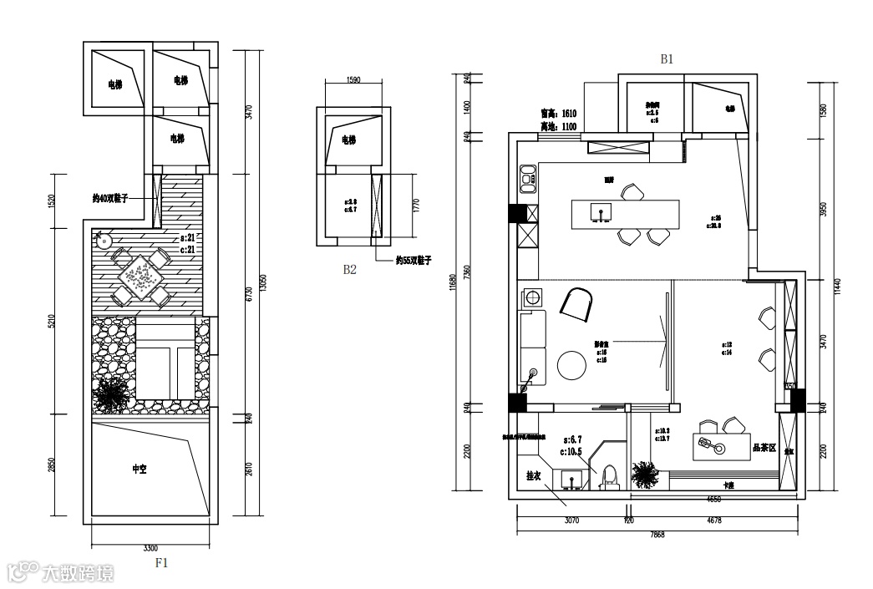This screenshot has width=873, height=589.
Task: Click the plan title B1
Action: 667,59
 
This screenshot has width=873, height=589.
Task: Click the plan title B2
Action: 349,270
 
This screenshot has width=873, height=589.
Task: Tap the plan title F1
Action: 162,563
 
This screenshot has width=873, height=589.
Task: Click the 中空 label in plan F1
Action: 140,470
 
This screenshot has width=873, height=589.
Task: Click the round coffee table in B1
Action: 572,365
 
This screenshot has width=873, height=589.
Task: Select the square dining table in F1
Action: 140,273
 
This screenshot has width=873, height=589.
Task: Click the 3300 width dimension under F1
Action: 150,548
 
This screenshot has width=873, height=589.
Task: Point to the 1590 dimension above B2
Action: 352,81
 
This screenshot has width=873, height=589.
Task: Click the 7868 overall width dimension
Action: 657,535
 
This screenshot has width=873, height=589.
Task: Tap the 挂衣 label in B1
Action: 534,475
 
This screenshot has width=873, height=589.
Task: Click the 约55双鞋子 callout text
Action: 414,261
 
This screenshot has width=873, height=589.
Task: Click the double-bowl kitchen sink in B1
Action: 528,176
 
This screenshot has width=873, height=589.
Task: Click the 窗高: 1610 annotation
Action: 558,113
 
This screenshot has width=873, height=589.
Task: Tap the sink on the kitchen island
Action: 598,213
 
